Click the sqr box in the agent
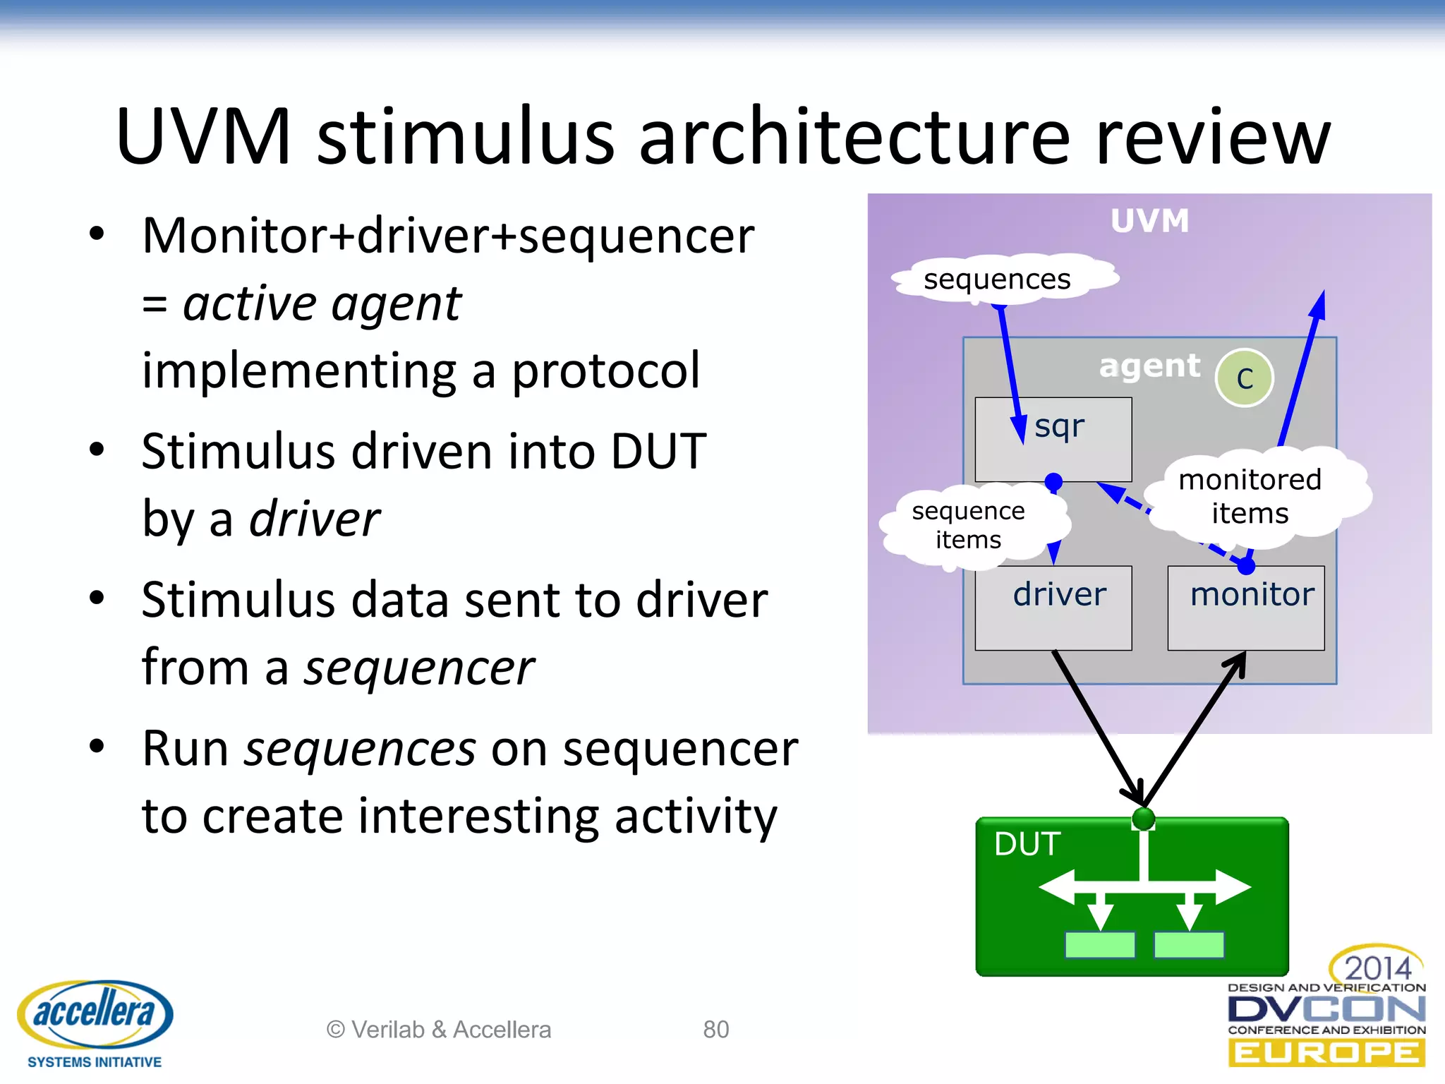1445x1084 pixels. point(1053,439)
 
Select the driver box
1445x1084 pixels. point(1053,608)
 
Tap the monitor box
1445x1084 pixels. point(1246,608)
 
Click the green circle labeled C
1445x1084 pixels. point(1245,378)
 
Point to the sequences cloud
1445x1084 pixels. point(997,279)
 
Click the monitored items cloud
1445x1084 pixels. point(1250,496)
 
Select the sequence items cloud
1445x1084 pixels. point(968,525)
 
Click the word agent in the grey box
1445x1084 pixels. point(1149,366)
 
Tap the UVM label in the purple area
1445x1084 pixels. point(1149,221)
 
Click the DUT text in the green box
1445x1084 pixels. point(1027,843)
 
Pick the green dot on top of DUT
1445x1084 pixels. point(1143,819)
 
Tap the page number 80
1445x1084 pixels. point(715,1030)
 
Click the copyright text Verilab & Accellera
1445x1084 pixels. point(439,1030)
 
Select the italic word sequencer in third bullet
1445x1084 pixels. point(419,667)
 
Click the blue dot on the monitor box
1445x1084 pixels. point(1246,566)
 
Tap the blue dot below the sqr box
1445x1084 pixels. point(1053,482)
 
